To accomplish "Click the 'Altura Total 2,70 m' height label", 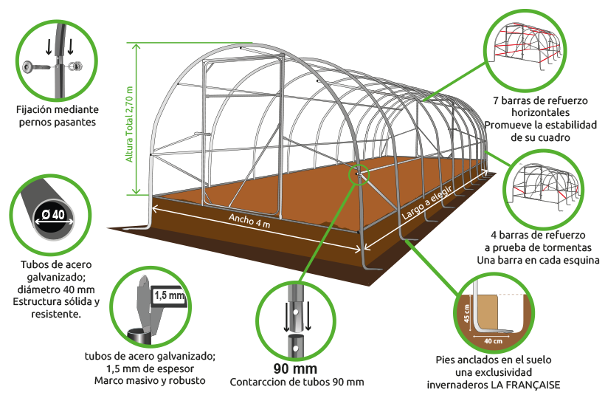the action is [x=129, y=124].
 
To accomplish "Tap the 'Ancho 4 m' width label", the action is [x=249, y=221].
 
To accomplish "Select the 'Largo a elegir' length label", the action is [x=426, y=202].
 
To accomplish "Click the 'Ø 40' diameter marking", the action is [x=53, y=214].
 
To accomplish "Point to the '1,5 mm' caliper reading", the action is [x=169, y=296].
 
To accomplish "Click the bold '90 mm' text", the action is [x=296, y=368].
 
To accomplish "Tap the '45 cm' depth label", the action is [x=467, y=314].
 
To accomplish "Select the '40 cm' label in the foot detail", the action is [x=493, y=341].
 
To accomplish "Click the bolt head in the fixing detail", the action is [x=28, y=66].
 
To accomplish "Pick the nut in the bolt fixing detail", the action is [x=75, y=66].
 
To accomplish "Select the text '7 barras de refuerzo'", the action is [x=540, y=100].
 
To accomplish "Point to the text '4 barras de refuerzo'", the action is [x=538, y=235].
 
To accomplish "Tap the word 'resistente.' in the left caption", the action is [x=56, y=315].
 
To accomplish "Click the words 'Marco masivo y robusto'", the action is [x=150, y=380].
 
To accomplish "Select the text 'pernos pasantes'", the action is [x=57, y=123].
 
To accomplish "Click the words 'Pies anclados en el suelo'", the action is [x=494, y=360].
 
